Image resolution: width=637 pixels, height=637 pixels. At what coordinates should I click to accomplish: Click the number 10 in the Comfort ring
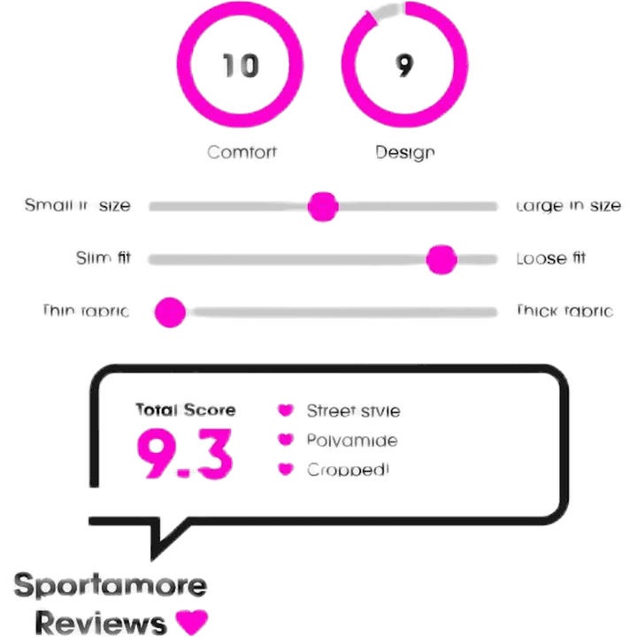(x=240, y=66)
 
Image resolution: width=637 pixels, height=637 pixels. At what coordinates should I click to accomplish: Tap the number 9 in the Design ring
(x=405, y=66)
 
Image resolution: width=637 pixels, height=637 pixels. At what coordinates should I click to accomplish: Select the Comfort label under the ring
(x=242, y=151)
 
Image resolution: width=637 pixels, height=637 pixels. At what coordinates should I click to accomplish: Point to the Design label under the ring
(x=404, y=151)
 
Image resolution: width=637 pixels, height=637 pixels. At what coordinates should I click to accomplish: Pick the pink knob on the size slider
(x=323, y=206)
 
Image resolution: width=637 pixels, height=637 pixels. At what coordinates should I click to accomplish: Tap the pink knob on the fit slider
(x=441, y=259)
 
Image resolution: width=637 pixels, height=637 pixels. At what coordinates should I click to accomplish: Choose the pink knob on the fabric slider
(x=170, y=311)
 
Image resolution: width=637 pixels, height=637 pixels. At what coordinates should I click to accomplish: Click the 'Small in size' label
(x=78, y=206)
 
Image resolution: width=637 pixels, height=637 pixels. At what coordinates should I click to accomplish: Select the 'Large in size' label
(x=569, y=206)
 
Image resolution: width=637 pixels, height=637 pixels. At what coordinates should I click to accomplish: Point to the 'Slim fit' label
(x=104, y=259)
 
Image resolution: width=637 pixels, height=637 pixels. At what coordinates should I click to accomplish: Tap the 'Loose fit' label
(x=552, y=259)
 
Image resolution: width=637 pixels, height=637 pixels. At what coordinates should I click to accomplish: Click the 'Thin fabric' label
(x=86, y=311)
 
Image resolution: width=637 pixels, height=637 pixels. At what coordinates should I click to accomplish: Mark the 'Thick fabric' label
(x=564, y=311)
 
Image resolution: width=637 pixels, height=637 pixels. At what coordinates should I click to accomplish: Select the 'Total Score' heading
(x=185, y=410)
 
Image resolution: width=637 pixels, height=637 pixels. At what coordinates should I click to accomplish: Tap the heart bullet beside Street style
(x=286, y=411)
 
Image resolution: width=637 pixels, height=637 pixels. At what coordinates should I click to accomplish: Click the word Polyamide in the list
(x=351, y=440)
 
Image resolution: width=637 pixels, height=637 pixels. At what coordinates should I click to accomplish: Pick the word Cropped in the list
(x=347, y=469)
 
